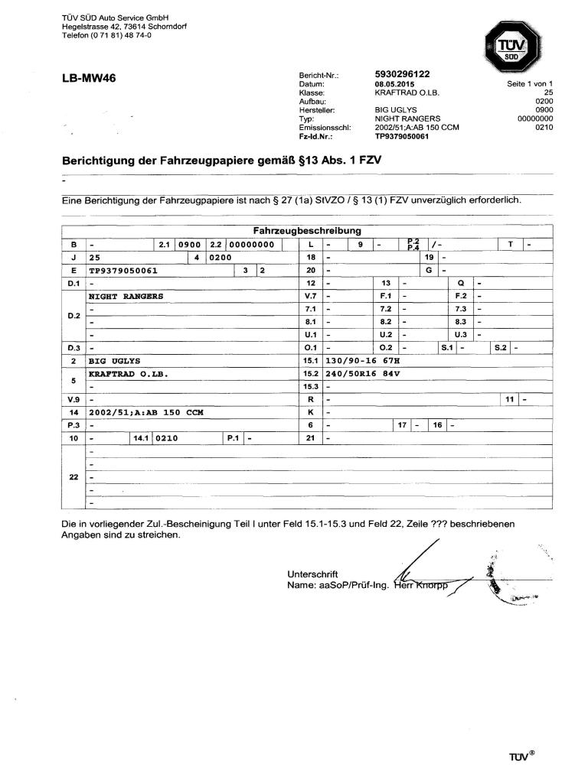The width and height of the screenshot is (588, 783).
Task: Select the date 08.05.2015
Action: pos(394,83)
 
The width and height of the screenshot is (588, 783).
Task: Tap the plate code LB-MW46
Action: pos(88,78)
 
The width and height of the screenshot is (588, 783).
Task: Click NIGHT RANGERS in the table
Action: pos(126,295)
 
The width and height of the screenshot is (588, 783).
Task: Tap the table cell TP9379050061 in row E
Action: pos(123,270)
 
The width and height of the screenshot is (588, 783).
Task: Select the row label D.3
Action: pos(73,348)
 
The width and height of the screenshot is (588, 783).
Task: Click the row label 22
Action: pos(73,478)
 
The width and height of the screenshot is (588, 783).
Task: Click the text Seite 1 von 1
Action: pos(529,83)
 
